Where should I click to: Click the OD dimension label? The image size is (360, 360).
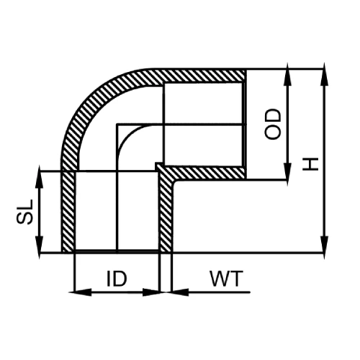(272, 124)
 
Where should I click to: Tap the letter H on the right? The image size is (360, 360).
(310, 163)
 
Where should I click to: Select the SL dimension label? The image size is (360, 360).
(23, 212)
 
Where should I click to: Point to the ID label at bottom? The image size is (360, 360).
(118, 278)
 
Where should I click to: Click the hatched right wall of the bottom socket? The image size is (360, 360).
(165, 216)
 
